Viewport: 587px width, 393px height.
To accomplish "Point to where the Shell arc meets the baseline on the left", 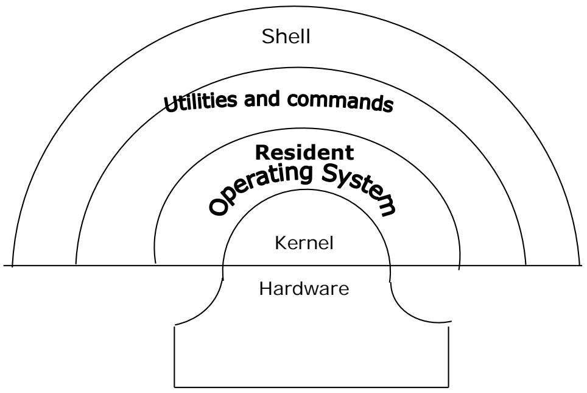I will point(12,266).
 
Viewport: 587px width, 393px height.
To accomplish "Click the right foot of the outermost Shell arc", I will point(580,266).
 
